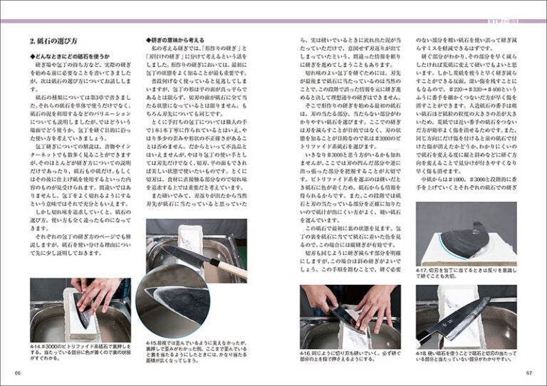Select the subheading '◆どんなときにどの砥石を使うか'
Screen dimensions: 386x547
(x=70, y=56)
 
